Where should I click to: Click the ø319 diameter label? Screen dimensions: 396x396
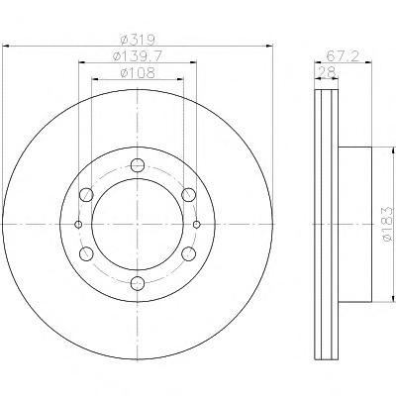pyautogui.click(x=138, y=40)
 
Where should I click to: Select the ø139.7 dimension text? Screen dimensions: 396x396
pyautogui.click(x=138, y=56)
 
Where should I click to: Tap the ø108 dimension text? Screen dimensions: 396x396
pyautogui.click(x=138, y=73)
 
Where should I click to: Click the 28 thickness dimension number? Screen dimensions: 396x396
pyautogui.click(x=327, y=71)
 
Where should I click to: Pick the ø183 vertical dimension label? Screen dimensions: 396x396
pyautogui.click(x=387, y=225)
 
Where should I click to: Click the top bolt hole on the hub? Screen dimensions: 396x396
pyautogui.click(x=138, y=165)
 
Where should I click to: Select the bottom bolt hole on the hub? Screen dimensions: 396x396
pyautogui.click(x=138, y=283)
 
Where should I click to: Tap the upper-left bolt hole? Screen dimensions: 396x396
pyautogui.click(x=86, y=195)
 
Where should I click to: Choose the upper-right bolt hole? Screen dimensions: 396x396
pyautogui.click(x=189, y=195)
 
